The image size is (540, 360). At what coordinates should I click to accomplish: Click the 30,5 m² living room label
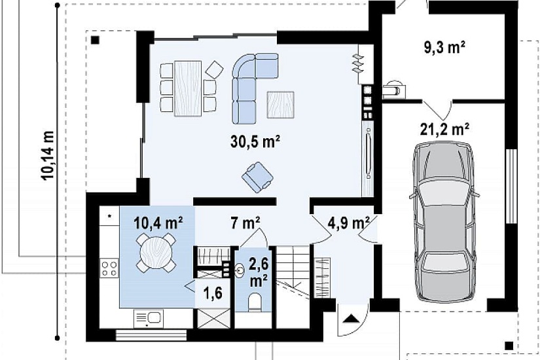click(x=255, y=141)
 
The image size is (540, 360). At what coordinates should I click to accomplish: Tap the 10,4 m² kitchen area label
click(x=158, y=223)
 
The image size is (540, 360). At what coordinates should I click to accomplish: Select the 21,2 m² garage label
click(x=444, y=129)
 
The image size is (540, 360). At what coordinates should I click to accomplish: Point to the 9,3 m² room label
click(x=444, y=47)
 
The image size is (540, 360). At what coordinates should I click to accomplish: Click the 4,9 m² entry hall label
click(x=348, y=223)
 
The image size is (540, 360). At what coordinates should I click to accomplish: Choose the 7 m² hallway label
click(x=245, y=223)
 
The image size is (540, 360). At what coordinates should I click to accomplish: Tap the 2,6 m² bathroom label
click(x=259, y=273)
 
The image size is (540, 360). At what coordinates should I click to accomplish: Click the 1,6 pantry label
click(x=213, y=293)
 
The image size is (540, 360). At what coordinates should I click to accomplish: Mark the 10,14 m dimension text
click(x=48, y=155)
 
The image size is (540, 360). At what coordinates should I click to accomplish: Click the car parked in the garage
click(x=444, y=222)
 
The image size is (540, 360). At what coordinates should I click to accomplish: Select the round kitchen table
click(x=156, y=252)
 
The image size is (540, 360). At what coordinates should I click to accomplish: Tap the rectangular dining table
click(x=188, y=88)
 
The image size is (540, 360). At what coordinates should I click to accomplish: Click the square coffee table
click(x=281, y=105)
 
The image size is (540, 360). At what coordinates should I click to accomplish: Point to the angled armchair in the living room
click(x=258, y=177)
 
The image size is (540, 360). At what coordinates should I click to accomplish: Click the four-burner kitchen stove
click(x=109, y=268)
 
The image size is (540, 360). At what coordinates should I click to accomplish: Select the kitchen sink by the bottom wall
click(x=149, y=319)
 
